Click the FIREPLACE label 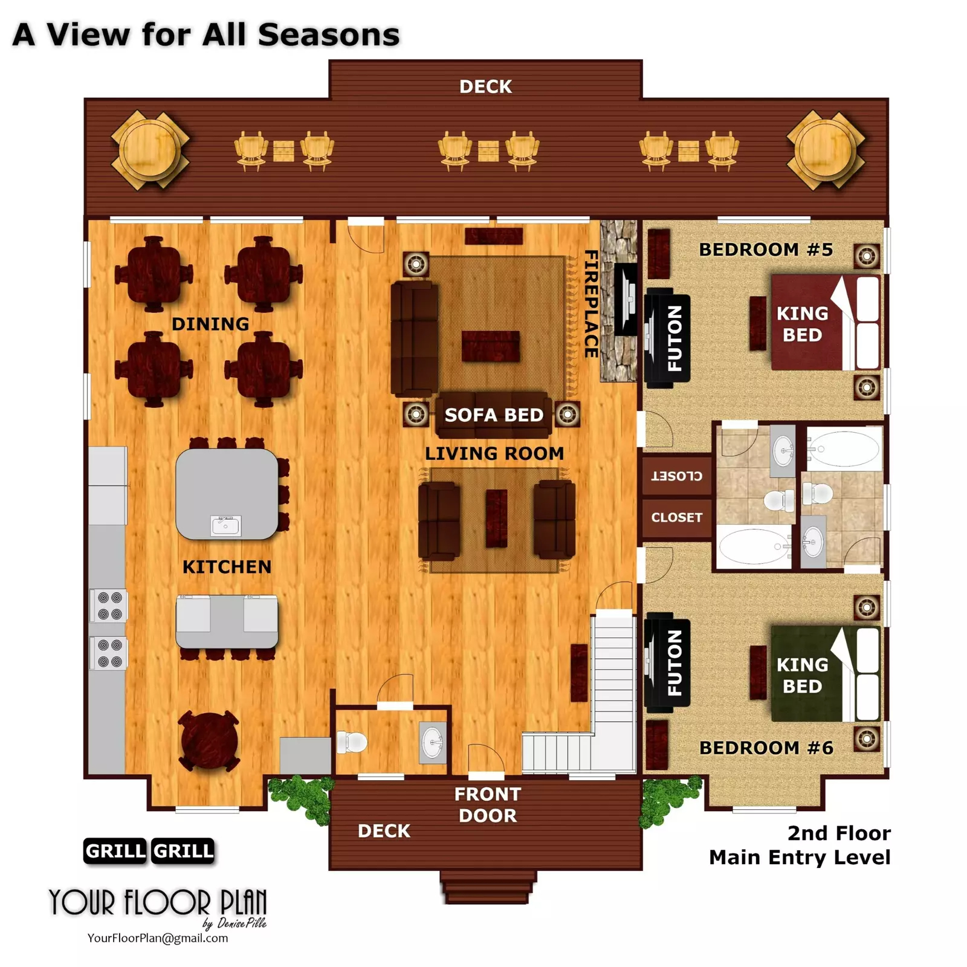point(591,304)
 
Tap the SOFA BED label point(494,415)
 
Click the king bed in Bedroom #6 point(825,674)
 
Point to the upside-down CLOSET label point(676,476)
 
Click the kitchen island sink point(226,526)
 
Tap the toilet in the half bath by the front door point(352,742)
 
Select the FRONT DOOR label point(488,804)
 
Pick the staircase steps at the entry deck point(488,887)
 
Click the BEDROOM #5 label point(766,250)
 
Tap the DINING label point(210,324)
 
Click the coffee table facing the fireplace point(491,346)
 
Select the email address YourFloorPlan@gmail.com point(158,938)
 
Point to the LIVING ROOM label point(494,453)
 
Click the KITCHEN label point(227,567)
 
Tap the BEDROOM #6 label point(766,748)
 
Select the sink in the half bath point(432,742)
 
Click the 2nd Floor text point(839,833)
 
